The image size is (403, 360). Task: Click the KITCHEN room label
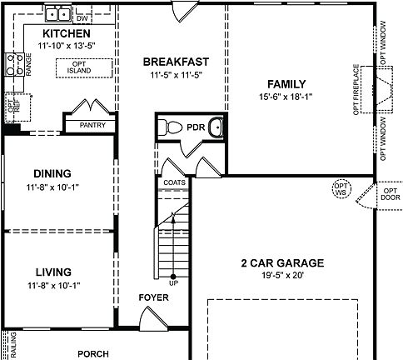point(66,32)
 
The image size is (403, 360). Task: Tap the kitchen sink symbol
point(57,13)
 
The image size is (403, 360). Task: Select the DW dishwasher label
point(82,17)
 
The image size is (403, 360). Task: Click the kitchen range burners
point(15,65)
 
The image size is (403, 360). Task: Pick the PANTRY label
point(92,125)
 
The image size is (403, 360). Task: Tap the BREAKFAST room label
point(175,61)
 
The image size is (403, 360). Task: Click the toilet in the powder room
point(172,127)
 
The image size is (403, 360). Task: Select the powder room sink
point(216,127)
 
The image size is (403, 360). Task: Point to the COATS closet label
point(174,182)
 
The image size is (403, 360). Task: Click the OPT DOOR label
point(390,194)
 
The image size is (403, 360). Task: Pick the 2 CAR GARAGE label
point(282,263)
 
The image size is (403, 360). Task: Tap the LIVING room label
point(53,272)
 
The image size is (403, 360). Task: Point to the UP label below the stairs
point(173,282)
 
